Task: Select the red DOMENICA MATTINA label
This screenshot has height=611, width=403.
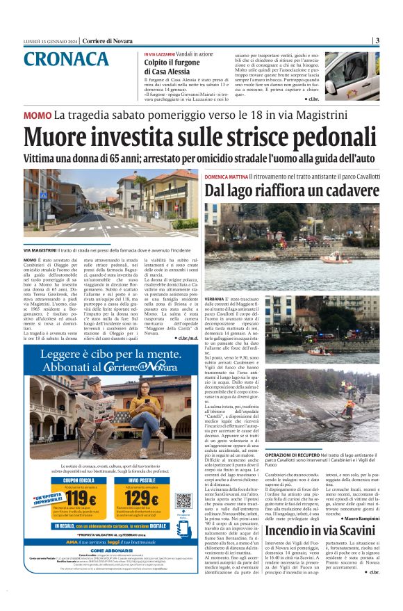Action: (x=230, y=176)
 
